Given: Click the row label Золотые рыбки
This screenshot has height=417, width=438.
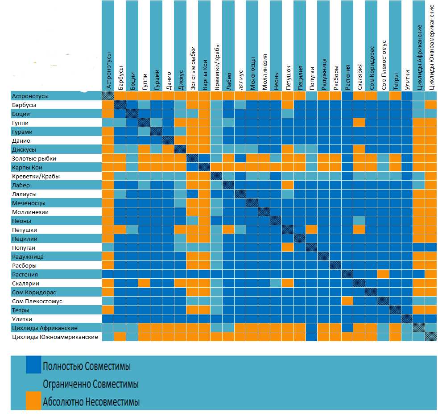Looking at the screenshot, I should point(34,159).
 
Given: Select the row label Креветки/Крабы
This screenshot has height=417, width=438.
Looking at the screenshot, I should point(36,177).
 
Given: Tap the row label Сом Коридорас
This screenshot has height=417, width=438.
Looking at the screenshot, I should point(34,293).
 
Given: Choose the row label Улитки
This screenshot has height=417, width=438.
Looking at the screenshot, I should point(22,319).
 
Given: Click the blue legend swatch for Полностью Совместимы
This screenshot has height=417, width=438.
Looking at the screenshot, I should point(33,364).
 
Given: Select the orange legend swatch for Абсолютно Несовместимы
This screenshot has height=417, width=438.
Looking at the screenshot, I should point(33,400).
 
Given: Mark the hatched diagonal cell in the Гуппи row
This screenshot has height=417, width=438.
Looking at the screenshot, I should point(144,123).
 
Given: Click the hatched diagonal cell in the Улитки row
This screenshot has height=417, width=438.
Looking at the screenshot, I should point(407,319).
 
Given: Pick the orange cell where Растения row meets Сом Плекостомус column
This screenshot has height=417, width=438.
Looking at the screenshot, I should point(383,274).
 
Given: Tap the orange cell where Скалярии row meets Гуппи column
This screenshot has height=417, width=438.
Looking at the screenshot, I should point(144,283).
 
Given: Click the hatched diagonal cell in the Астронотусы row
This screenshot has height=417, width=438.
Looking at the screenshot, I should point(107,96).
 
